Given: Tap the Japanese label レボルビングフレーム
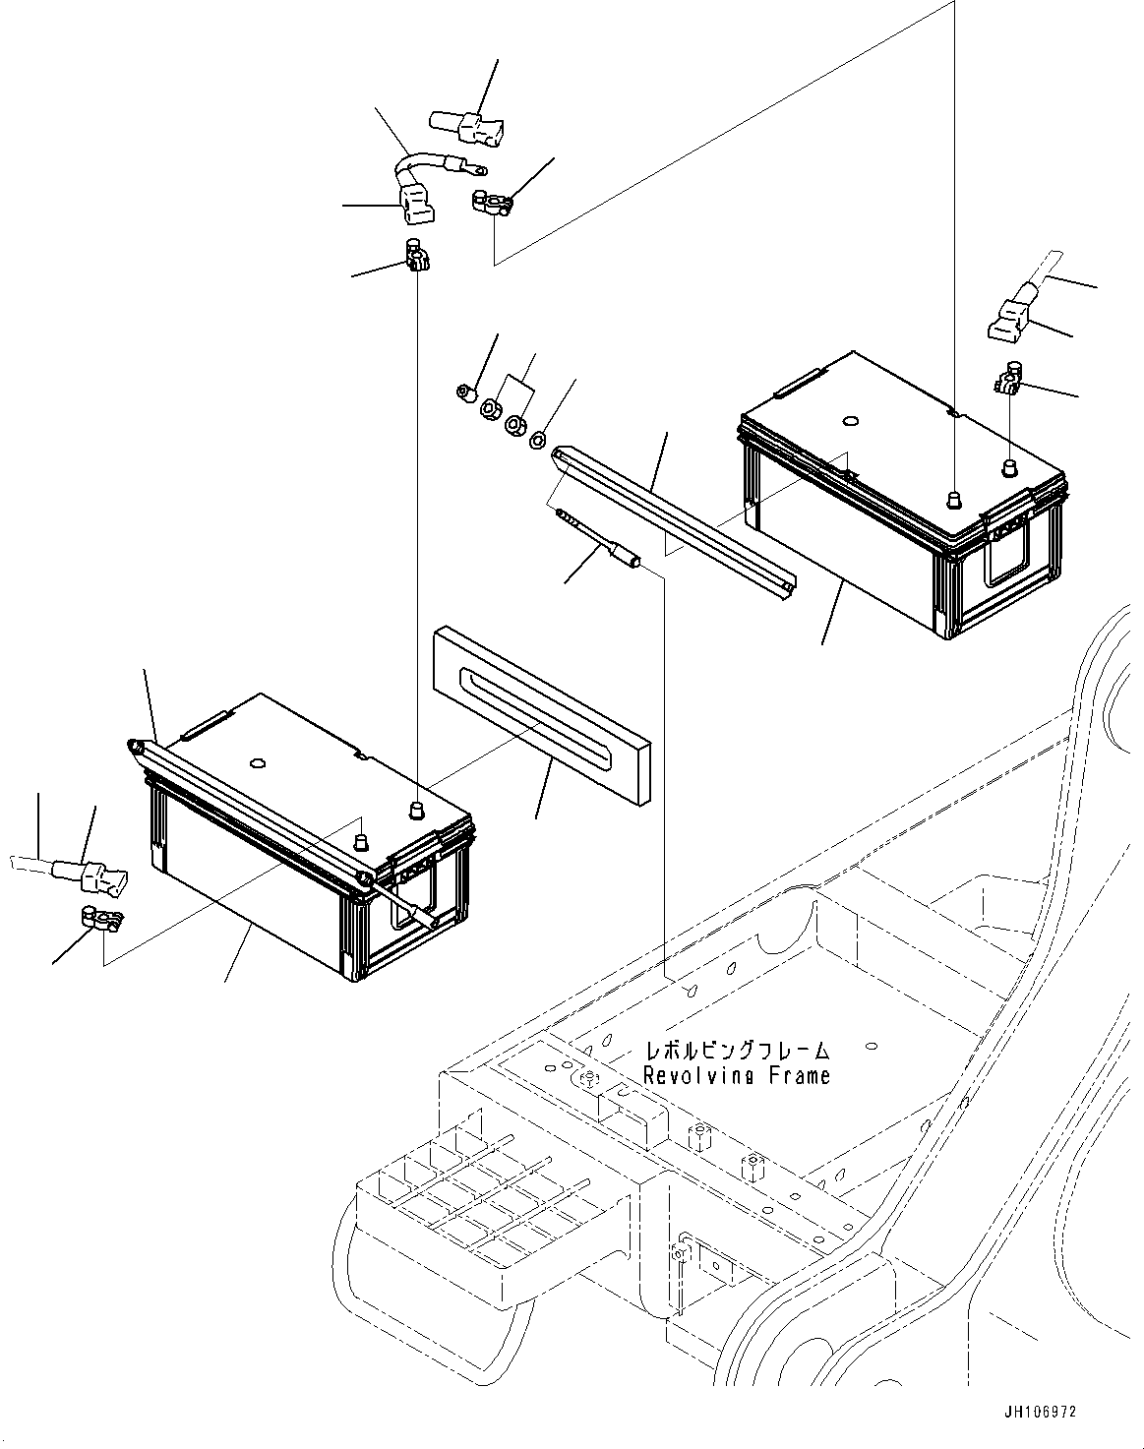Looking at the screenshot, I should [x=737, y=1051].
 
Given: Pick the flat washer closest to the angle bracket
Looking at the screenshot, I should [x=537, y=439].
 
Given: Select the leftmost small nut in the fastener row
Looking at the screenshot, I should [x=467, y=394].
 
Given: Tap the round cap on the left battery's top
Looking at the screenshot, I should [x=258, y=762].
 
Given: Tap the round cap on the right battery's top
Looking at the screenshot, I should [x=850, y=422].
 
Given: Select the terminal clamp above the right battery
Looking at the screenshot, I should [x=1010, y=380].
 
